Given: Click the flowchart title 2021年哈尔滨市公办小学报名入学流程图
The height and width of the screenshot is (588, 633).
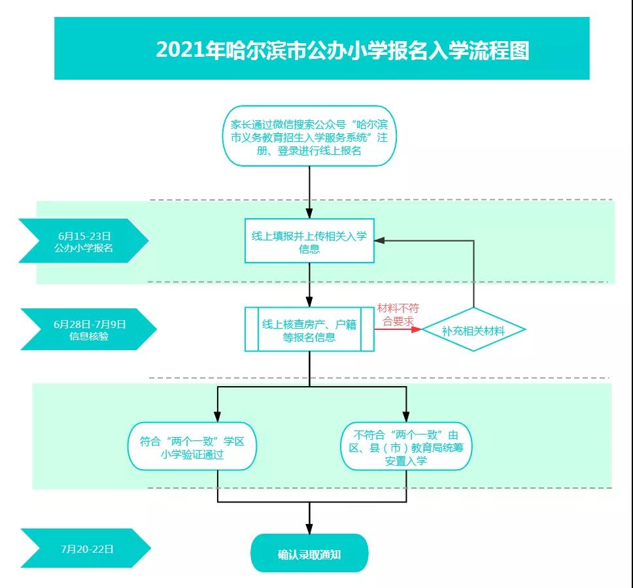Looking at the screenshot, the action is pyautogui.click(x=343, y=50).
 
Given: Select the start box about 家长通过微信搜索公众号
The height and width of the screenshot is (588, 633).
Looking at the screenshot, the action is pyautogui.click(x=310, y=136).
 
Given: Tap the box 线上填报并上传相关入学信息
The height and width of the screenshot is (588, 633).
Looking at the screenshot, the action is pyautogui.click(x=310, y=241).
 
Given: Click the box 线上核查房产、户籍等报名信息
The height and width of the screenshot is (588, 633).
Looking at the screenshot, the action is pyautogui.click(x=310, y=329).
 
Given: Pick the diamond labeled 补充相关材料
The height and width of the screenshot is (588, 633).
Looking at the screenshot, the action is pyautogui.click(x=473, y=329).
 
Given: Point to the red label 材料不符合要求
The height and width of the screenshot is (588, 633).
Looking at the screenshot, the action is pyautogui.click(x=398, y=315).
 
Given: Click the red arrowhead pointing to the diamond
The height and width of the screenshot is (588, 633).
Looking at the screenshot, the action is pyautogui.click(x=416, y=329).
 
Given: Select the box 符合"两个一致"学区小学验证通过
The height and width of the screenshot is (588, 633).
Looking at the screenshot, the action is pyautogui.click(x=192, y=446).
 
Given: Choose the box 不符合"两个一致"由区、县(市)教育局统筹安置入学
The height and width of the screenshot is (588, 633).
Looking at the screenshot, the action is pyautogui.click(x=406, y=446).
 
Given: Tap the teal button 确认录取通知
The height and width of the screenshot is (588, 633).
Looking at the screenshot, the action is pyautogui.click(x=310, y=553).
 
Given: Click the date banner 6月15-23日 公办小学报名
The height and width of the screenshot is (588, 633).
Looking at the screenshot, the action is pyautogui.click(x=84, y=241).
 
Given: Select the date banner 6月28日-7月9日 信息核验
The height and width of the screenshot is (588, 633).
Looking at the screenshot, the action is pyautogui.click(x=89, y=329).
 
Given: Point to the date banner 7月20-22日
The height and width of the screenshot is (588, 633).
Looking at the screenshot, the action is pyautogui.click(x=86, y=548).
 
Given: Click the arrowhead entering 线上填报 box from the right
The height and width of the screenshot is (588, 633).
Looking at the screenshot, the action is pyautogui.click(x=380, y=240).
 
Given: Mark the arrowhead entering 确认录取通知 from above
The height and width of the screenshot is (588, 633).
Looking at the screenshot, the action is pyautogui.click(x=310, y=529).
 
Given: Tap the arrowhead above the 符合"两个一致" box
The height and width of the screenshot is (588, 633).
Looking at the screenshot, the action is pyautogui.click(x=218, y=417).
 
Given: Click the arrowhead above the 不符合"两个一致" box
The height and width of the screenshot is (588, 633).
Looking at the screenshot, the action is pyautogui.click(x=406, y=417).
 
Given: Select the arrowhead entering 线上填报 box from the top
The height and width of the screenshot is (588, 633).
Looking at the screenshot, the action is pyautogui.click(x=310, y=214).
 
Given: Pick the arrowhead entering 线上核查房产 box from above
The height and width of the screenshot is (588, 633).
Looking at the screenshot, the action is pyautogui.click(x=310, y=302).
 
